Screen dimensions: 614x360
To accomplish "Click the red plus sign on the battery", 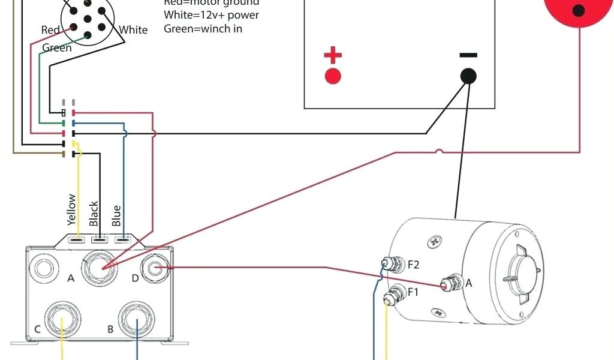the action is click(x=333, y=56).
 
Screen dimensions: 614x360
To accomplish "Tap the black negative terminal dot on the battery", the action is click(x=468, y=76).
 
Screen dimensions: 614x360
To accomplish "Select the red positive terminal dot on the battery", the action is click(x=333, y=77).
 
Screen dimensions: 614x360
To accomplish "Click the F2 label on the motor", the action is click(x=414, y=264).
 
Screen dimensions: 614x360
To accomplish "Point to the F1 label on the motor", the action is click(x=413, y=292).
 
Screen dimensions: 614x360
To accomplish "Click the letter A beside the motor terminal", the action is click(x=469, y=283).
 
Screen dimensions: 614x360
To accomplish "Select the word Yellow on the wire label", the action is click(x=72, y=209).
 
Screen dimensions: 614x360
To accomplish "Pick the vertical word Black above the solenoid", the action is click(x=94, y=214).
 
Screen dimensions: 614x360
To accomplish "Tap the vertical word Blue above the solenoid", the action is click(x=116, y=215).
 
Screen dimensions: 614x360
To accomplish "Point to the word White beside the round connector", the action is click(x=133, y=30).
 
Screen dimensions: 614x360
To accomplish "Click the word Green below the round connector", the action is click(x=57, y=48).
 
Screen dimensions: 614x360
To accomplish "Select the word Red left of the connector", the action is click(x=50, y=30).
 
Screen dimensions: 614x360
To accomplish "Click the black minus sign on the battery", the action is click(x=468, y=55).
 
